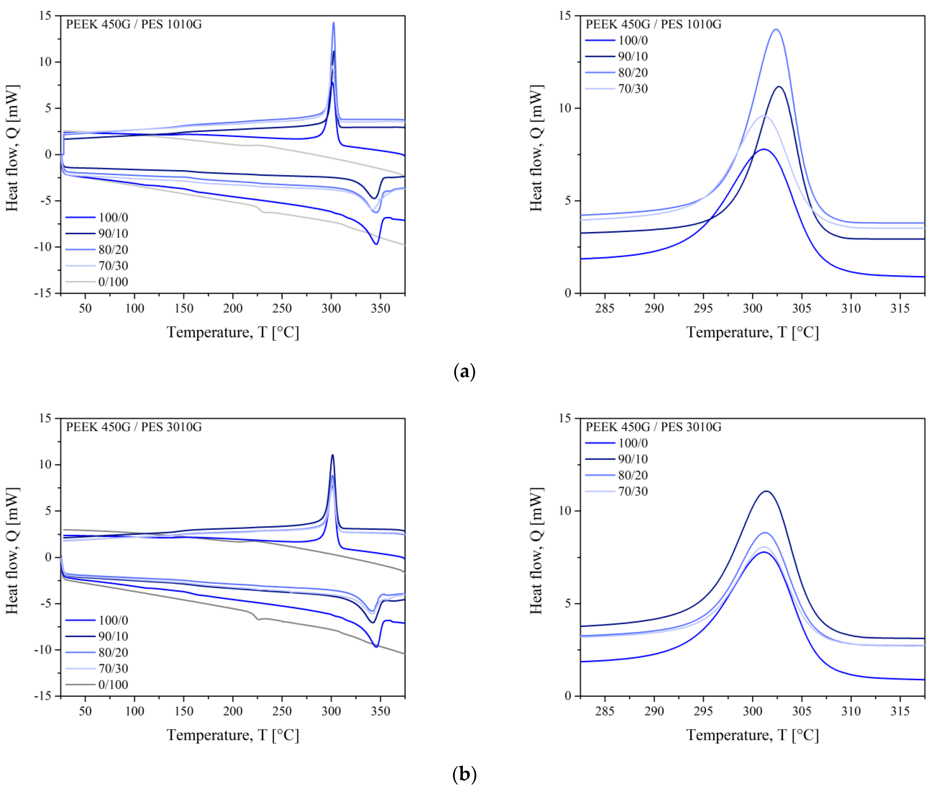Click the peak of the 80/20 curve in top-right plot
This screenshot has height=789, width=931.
[x=776, y=29]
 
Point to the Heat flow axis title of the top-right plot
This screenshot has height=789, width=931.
[x=536, y=148]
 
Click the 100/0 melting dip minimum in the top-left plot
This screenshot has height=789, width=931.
[x=376, y=244]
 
